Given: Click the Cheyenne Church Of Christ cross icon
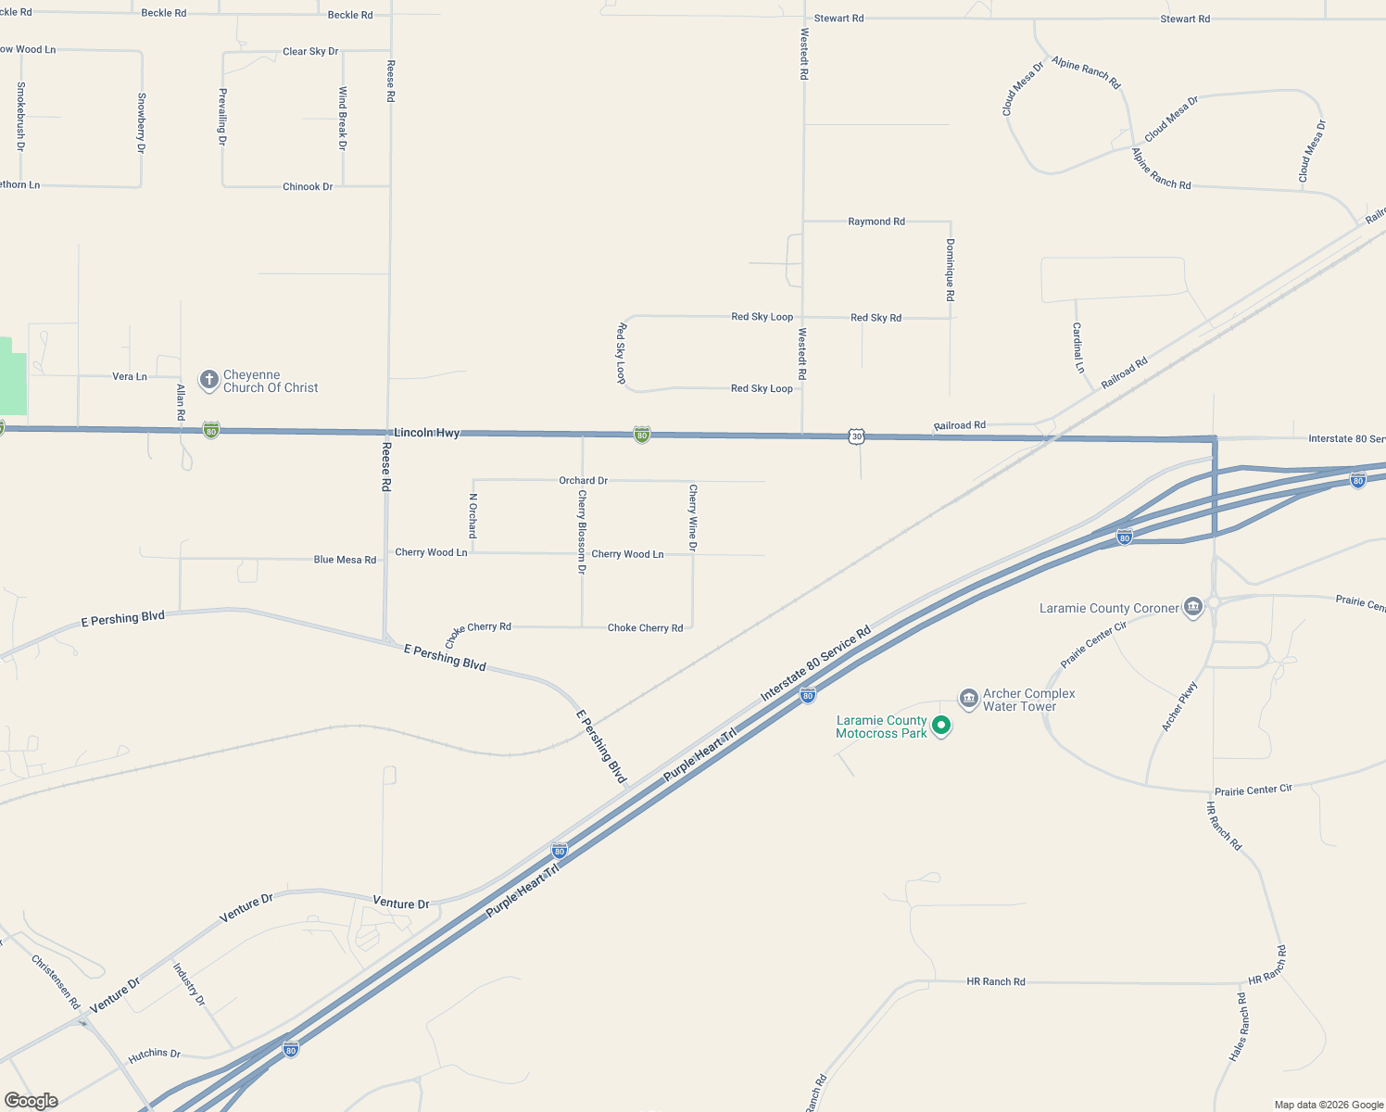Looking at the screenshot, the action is click(209, 380).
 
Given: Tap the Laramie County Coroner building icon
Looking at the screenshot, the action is click(1193, 608).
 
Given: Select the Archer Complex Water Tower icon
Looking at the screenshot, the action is click(968, 699).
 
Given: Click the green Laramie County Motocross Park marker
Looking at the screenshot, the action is click(941, 726).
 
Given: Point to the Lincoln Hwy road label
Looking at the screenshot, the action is click(426, 433).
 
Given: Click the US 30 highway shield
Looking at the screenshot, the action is click(856, 436).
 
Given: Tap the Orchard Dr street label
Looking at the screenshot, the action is click(583, 481).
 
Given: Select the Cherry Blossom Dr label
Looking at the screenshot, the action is click(582, 532).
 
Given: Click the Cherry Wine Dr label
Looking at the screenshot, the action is click(692, 518).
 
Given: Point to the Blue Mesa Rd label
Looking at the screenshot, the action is click(345, 560).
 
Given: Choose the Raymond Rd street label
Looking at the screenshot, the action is click(876, 221).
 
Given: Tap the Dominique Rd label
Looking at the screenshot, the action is click(950, 270).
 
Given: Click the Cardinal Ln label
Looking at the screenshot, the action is click(1077, 347).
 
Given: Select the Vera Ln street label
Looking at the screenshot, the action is click(129, 376).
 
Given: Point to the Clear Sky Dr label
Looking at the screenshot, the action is click(310, 52).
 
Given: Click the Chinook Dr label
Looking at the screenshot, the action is click(308, 186).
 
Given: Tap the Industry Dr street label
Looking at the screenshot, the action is click(189, 984).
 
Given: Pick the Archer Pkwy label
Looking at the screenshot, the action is click(1179, 706).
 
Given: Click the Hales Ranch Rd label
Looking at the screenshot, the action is click(1240, 1027).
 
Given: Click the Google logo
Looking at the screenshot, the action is click(31, 1101).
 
